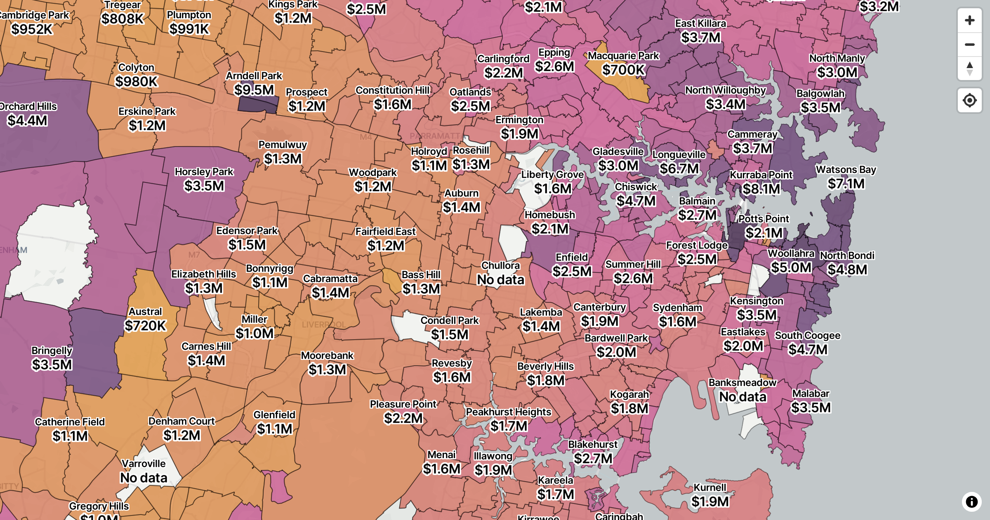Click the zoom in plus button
coord(969,20)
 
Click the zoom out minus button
coord(969,44)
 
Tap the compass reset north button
coord(969,69)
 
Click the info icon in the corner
coord(971,501)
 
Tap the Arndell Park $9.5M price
coord(254,90)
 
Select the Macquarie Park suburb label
coord(623,56)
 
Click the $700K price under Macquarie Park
coord(623,70)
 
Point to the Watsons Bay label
coord(846,170)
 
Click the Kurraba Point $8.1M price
coord(761,189)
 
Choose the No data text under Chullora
coord(500,279)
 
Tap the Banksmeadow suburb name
coord(742,383)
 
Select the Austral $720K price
coord(145,326)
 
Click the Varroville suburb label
coord(144,463)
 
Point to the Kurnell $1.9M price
coord(709,501)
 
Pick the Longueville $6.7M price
coord(679,168)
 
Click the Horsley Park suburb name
coord(204,172)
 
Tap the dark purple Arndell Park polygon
coord(258,105)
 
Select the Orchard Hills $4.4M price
coord(28,121)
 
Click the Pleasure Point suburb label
coord(403,404)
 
